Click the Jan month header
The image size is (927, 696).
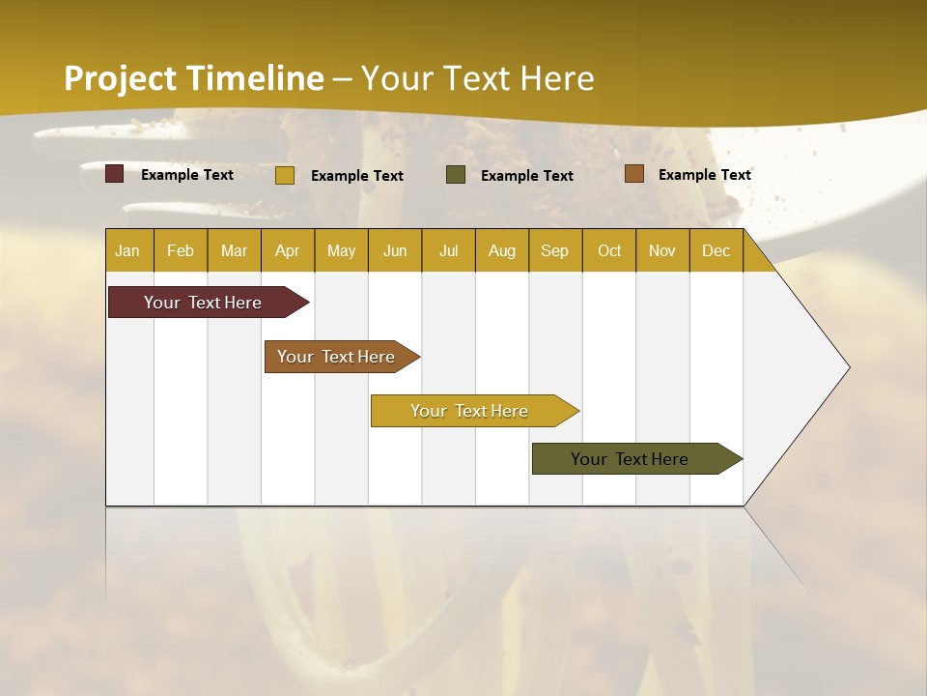pyautogui.click(x=127, y=250)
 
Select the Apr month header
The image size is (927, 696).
pyautogui.click(x=288, y=250)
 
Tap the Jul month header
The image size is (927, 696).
pyautogui.click(x=448, y=250)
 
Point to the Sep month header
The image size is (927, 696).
pyautogui.click(x=554, y=250)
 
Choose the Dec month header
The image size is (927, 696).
pyautogui.click(x=716, y=250)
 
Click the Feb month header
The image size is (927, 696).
pyautogui.click(x=181, y=250)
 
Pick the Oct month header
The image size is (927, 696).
pyautogui.click(x=609, y=250)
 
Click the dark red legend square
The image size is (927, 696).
pyautogui.click(x=115, y=174)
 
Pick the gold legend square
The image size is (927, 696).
pyautogui.click(x=285, y=175)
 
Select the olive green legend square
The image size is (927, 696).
pyautogui.click(x=456, y=174)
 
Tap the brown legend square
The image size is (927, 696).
pyautogui.click(x=634, y=174)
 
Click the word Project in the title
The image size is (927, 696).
pyautogui.click(x=121, y=78)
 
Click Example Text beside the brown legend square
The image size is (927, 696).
pyautogui.click(x=704, y=175)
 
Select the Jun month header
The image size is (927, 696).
pyautogui.click(x=395, y=250)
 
